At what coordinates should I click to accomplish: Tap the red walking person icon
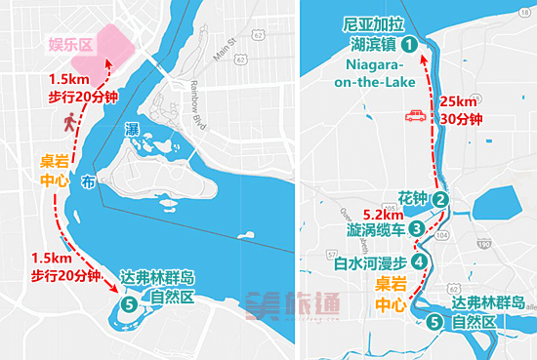coord(70,122)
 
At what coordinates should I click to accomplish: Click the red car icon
coord(414,117)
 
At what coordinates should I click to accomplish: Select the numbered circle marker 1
coord(410,44)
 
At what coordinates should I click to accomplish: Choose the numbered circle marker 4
coord(420,261)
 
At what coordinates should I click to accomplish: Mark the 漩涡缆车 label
coord(375,229)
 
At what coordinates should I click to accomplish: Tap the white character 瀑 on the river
coord(132,129)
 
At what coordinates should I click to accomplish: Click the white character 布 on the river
coord(88,180)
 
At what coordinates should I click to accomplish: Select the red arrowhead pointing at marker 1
coord(423,60)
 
